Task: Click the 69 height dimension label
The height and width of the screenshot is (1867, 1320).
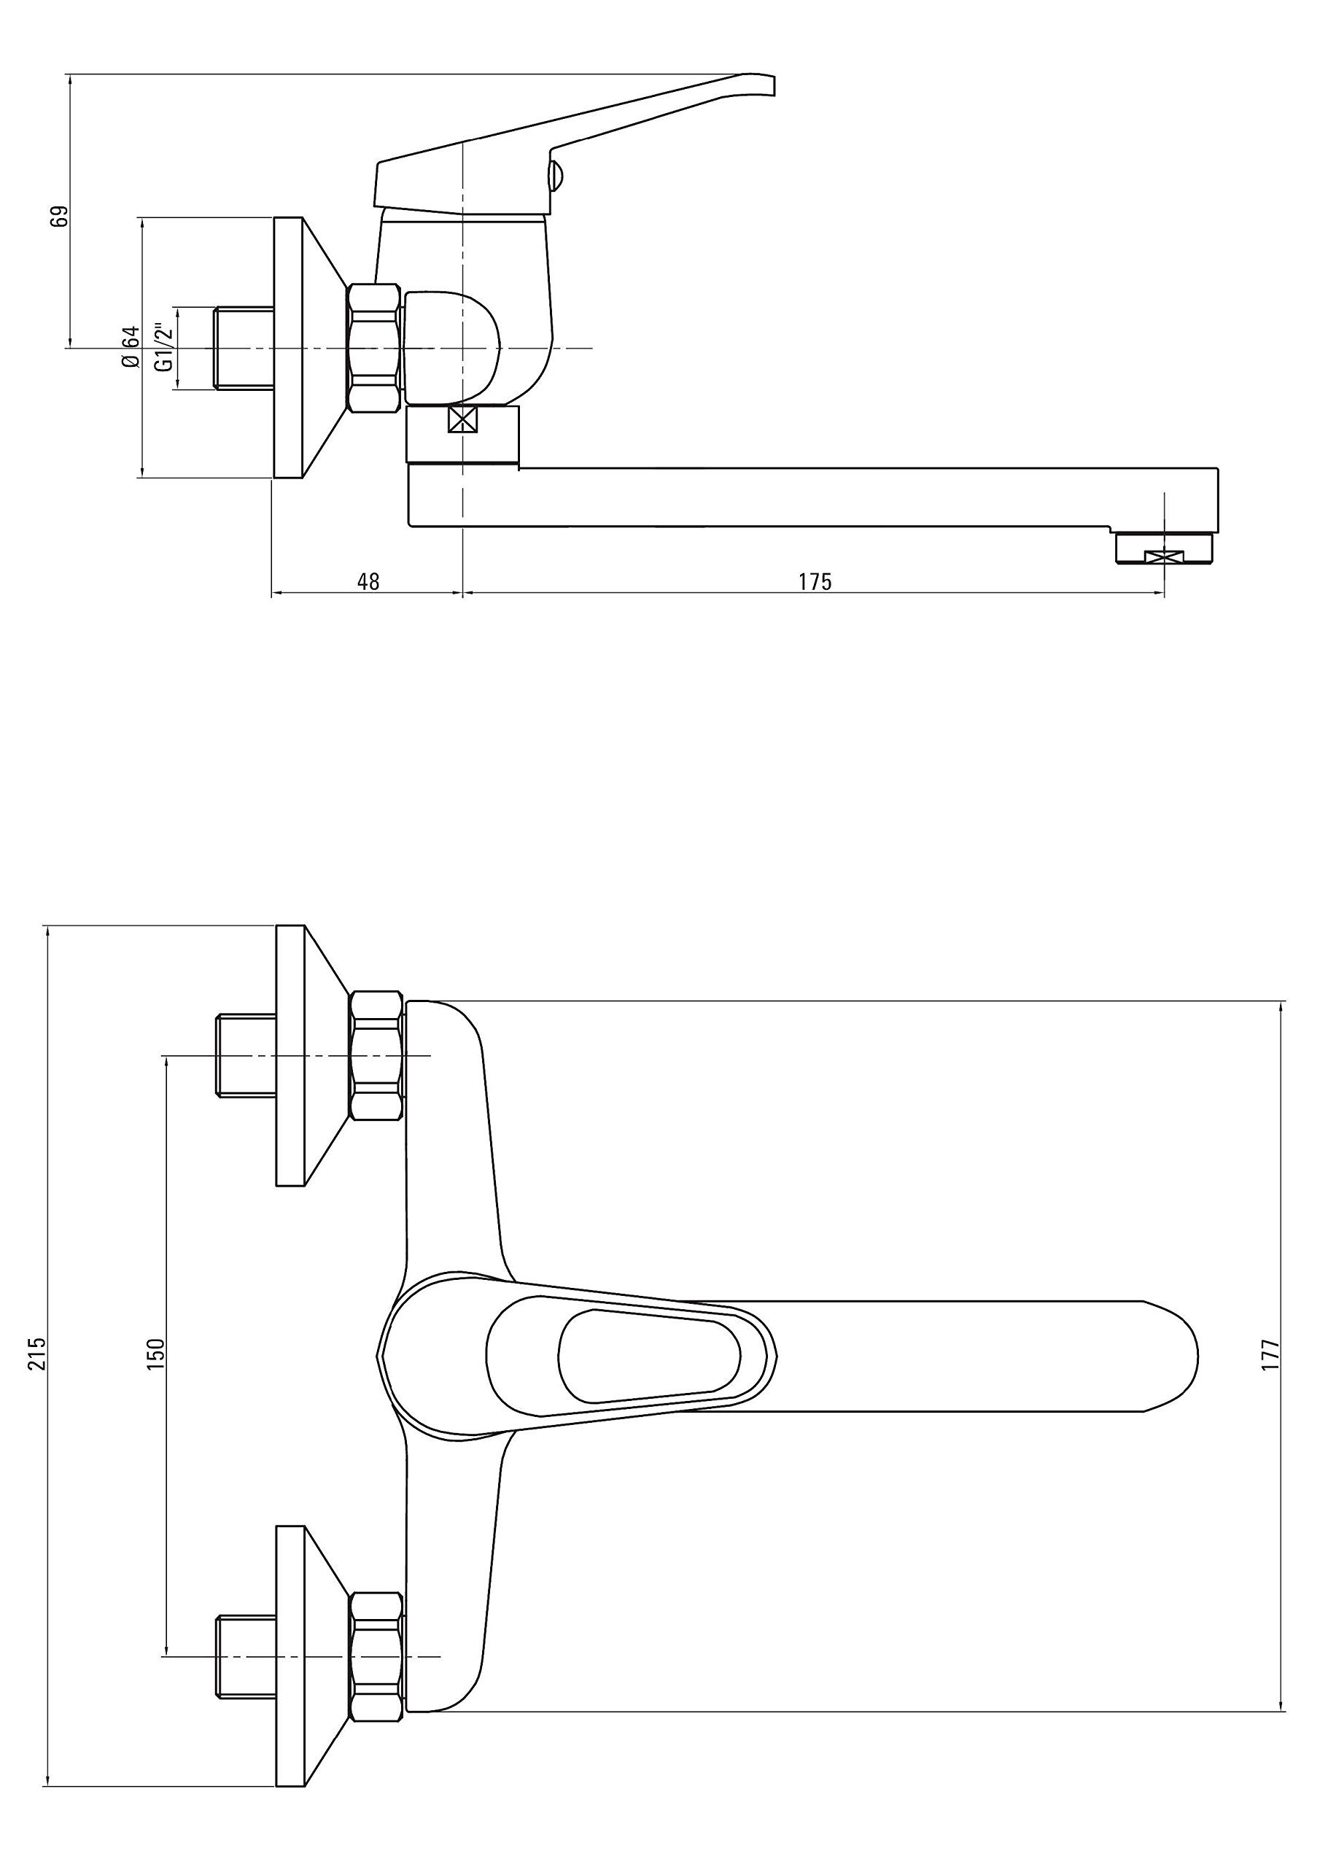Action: point(59,217)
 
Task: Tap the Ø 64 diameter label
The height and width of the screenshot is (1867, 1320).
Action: point(130,347)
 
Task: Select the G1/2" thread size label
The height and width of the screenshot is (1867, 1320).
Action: point(165,348)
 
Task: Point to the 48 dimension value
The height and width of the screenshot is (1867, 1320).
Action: point(368,582)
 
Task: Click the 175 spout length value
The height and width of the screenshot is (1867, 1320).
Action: point(815,582)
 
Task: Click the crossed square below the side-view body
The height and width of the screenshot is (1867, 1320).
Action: point(462,420)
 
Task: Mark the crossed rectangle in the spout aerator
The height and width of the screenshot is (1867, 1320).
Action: point(1164,556)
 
